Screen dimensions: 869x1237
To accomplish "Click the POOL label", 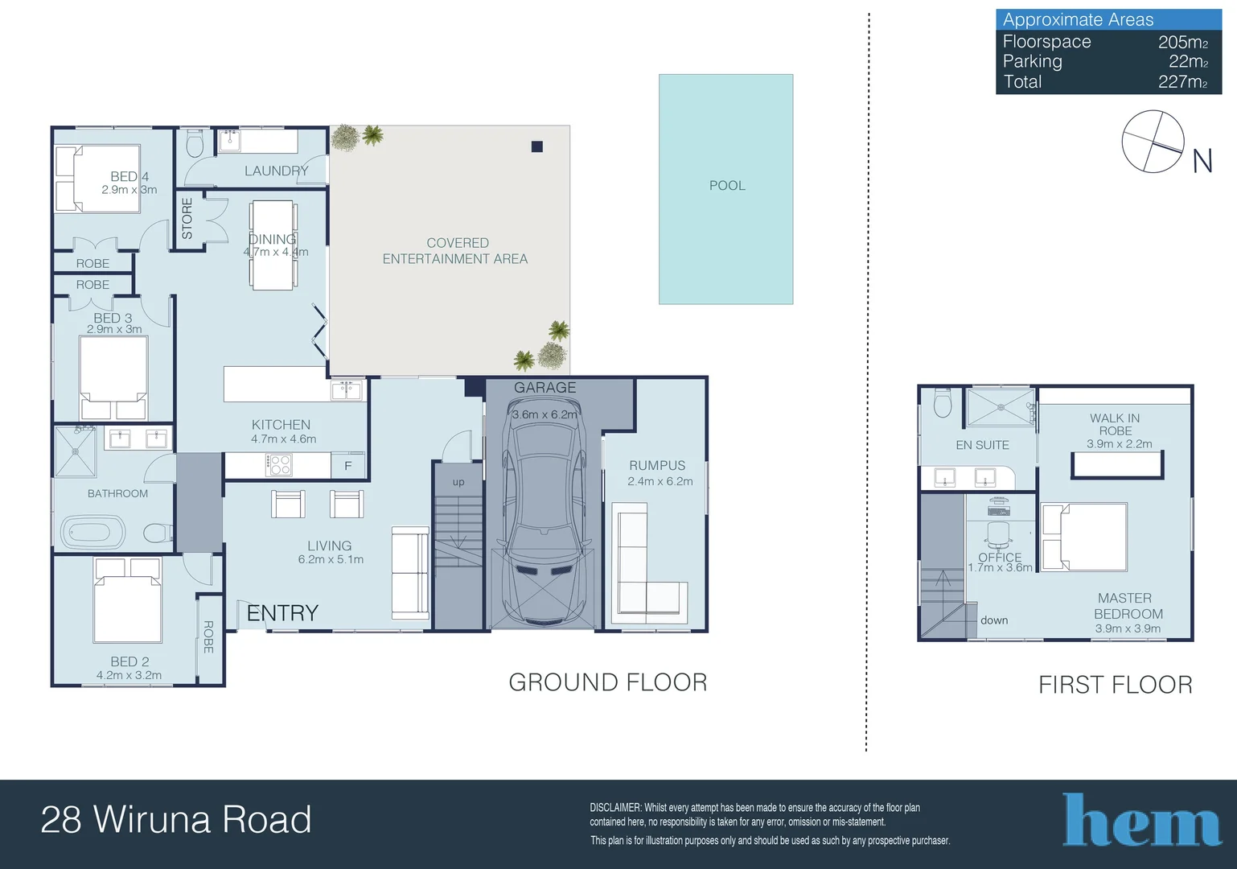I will click(727, 186).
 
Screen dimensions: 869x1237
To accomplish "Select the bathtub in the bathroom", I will click(93, 533).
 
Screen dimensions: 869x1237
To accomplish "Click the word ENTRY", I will click(282, 613).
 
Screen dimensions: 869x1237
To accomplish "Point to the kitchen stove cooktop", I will click(279, 465).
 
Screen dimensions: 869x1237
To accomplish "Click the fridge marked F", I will click(347, 466).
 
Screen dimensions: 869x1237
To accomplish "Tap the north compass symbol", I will click(1153, 142).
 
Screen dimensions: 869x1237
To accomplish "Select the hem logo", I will click(1141, 821).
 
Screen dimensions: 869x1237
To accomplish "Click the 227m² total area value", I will click(1182, 82).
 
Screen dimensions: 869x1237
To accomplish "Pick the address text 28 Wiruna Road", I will click(176, 820).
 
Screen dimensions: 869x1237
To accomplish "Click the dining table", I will click(272, 245).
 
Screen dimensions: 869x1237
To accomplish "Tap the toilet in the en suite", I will click(943, 403).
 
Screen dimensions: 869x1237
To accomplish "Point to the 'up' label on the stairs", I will click(458, 482).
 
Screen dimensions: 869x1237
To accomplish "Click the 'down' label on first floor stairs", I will click(994, 620).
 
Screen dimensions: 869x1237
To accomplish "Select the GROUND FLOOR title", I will click(608, 682).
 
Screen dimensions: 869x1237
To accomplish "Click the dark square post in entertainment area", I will click(537, 146).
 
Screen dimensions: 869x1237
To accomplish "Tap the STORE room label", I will click(187, 219).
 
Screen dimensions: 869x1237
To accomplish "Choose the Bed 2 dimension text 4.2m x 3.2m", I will click(129, 675).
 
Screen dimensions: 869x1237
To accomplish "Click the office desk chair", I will click(998, 533).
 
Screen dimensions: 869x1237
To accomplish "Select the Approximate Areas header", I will click(1078, 20).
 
